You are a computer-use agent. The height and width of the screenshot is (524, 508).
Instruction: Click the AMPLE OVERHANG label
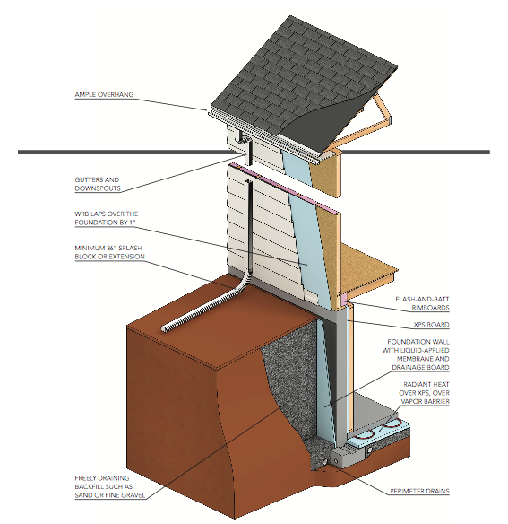104,94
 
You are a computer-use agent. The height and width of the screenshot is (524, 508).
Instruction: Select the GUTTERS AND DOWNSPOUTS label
98,184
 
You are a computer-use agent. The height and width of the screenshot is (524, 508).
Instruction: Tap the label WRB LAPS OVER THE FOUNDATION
106,218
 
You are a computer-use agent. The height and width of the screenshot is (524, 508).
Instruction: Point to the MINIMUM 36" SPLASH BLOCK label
109,252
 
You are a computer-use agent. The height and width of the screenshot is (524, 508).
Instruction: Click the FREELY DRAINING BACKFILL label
110,486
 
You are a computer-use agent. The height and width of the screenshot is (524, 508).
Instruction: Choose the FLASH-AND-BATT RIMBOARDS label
422,303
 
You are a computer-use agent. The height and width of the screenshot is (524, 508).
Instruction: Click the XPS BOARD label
431,325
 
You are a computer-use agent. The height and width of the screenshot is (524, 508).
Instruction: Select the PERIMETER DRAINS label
419,491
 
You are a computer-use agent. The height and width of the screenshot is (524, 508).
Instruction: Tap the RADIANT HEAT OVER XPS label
424,393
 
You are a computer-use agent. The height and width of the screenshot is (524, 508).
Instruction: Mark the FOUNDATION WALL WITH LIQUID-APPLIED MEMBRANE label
416,354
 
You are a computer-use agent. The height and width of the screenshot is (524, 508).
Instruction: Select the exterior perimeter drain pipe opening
324,461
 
